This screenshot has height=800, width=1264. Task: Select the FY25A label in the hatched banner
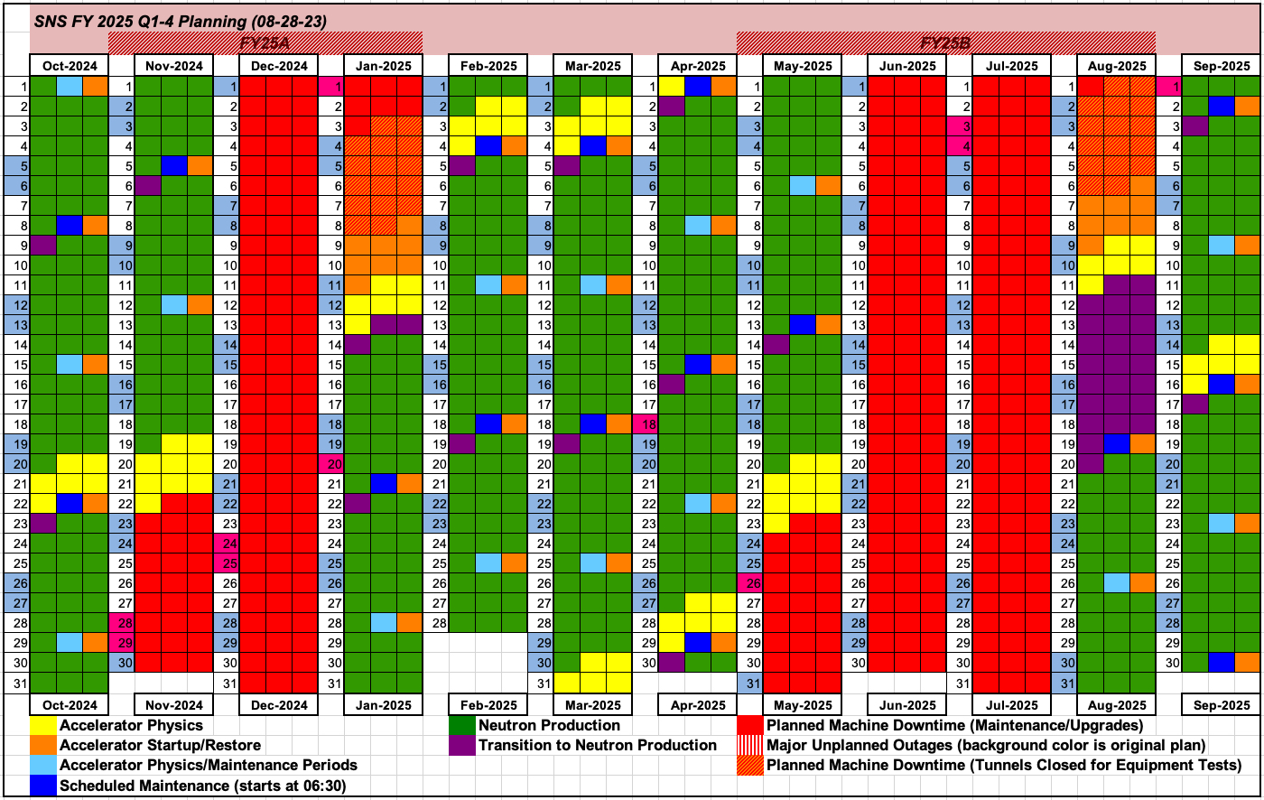click(x=265, y=43)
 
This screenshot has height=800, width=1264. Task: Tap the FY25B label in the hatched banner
click(x=945, y=43)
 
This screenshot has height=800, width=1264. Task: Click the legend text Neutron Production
click(x=549, y=725)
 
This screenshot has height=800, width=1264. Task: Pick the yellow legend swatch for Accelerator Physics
click(x=44, y=725)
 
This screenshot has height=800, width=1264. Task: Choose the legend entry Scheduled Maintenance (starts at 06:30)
click(x=202, y=786)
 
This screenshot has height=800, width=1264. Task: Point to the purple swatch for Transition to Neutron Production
click(x=463, y=746)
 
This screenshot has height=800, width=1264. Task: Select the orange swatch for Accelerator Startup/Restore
click(x=44, y=746)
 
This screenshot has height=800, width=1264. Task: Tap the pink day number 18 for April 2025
click(x=646, y=424)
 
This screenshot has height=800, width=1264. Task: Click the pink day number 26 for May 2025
click(x=751, y=582)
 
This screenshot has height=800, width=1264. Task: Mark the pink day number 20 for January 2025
click(x=332, y=463)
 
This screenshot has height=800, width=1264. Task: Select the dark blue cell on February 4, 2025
click(x=488, y=145)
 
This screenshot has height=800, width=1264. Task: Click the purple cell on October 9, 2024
click(x=43, y=244)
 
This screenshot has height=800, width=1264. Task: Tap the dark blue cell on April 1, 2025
click(x=698, y=87)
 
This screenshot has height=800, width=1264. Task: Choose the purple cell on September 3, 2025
click(x=1195, y=126)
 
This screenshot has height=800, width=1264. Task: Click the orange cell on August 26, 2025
click(x=1142, y=582)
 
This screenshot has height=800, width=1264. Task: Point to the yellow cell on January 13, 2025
click(x=358, y=323)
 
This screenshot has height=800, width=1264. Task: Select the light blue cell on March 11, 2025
click(x=593, y=284)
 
